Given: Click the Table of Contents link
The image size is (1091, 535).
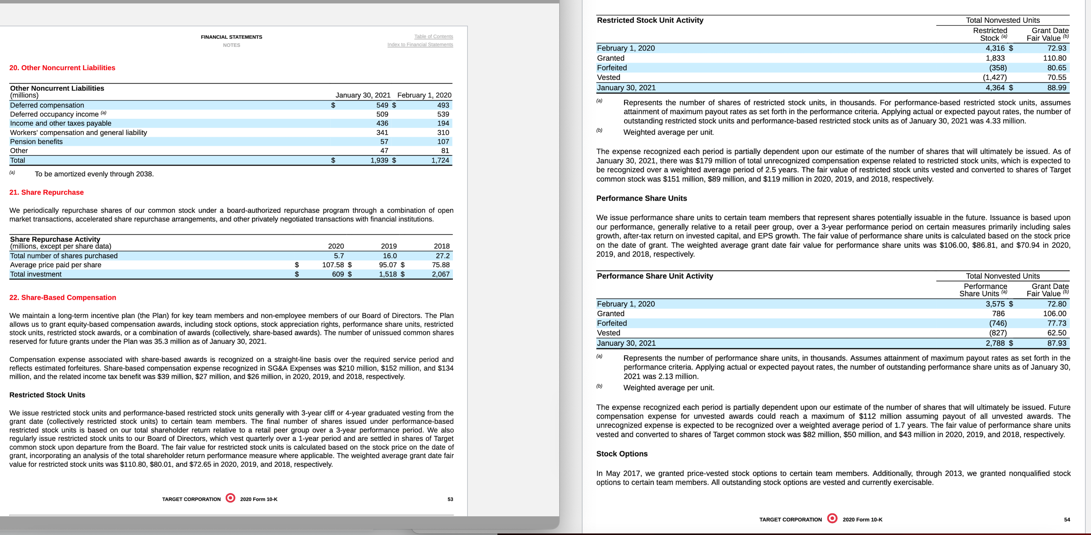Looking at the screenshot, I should [x=433, y=36].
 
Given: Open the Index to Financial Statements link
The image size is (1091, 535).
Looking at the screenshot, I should [x=420, y=45].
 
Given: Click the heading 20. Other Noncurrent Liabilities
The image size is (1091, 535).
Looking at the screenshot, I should [x=62, y=68].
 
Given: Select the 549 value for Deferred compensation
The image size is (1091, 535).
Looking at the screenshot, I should [x=382, y=105].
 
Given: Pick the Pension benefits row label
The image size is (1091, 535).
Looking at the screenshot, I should [x=36, y=142].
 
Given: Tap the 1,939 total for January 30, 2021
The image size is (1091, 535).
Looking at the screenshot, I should [x=379, y=160].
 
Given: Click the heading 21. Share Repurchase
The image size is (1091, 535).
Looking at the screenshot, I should [x=47, y=192].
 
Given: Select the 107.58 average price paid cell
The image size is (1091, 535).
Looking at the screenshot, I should [x=333, y=265].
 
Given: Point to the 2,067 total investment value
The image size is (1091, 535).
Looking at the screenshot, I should [x=441, y=274].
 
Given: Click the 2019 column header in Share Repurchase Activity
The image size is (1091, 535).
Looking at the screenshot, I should [x=388, y=246].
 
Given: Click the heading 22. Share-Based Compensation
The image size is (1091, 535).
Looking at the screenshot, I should [x=63, y=297].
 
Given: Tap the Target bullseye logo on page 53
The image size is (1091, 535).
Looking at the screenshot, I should [x=230, y=498].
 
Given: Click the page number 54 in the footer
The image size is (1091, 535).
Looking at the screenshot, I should [x=1067, y=519].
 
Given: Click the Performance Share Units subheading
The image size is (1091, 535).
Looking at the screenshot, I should [x=641, y=198].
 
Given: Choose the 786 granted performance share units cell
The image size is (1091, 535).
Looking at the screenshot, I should [x=998, y=313].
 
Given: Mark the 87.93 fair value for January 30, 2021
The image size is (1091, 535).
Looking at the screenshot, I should [x=1056, y=343].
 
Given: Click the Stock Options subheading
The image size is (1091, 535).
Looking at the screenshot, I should [x=622, y=454].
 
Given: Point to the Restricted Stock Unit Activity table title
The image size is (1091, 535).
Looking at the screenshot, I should [x=650, y=20].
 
